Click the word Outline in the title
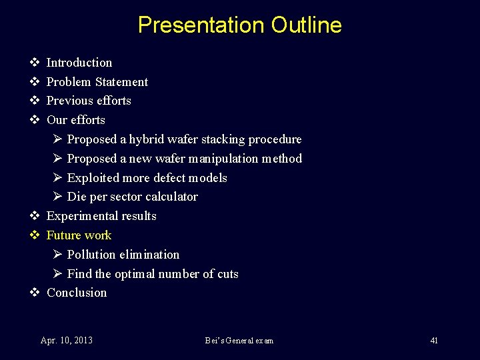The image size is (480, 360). pyautogui.click(x=306, y=25)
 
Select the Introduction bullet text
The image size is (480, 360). pyautogui.click(x=79, y=63)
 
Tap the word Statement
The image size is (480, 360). pyautogui.click(x=121, y=82)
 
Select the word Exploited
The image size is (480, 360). pyautogui.click(x=93, y=178)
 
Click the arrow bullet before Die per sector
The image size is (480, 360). pyautogui.click(x=57, y=197)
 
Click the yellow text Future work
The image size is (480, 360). pyautogui.click(x=79, y=235)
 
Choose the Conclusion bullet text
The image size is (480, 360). pyautogui.click(x=77, y=293)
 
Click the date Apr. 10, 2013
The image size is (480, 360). pyautogui.click(x=67, y=341)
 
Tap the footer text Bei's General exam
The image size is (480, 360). pyautogui.click(x=239, y=341)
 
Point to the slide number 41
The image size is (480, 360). pyautogui.click(x=434, y=341)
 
